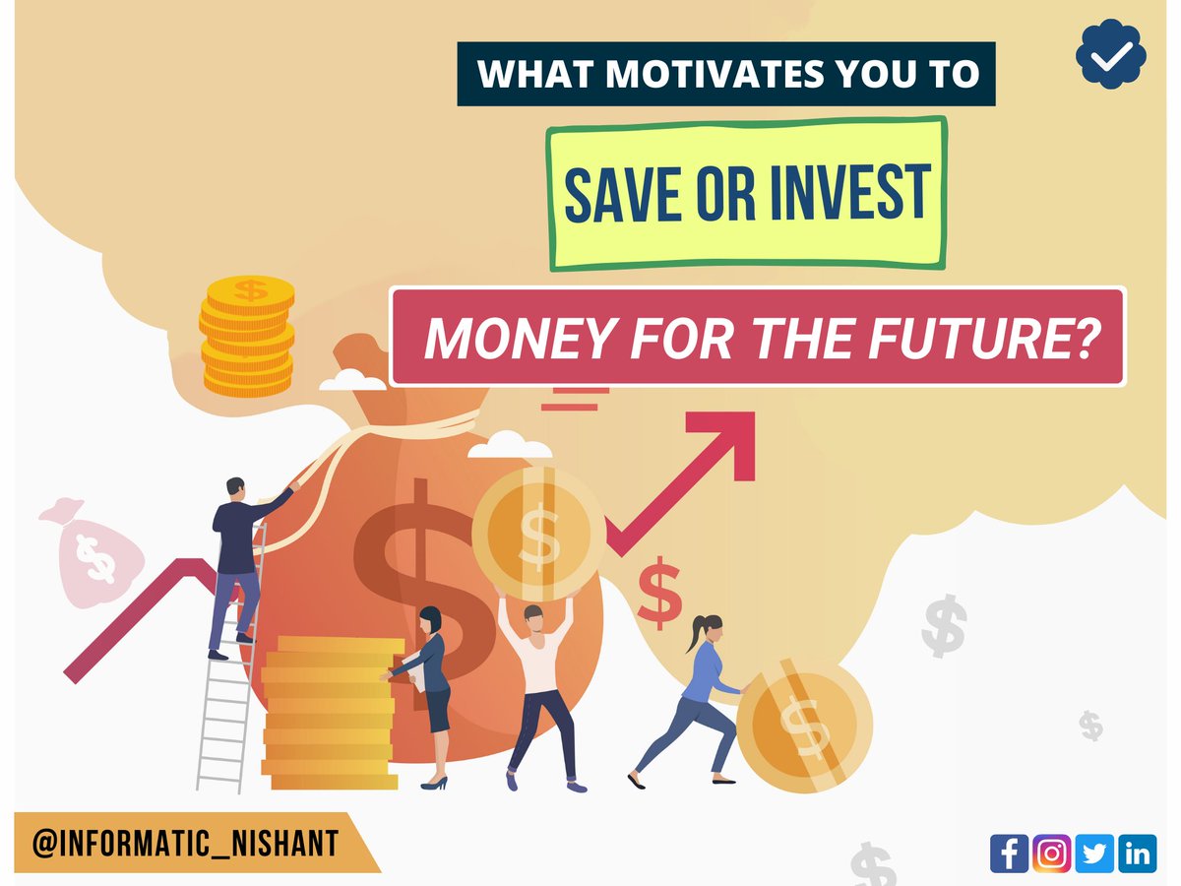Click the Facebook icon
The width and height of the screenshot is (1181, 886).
1009,853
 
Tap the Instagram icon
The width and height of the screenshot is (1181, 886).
1052,853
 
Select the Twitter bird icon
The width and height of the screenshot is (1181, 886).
1094,853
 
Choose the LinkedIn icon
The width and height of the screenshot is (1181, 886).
1138,853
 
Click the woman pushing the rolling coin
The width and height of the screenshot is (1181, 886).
699,694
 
